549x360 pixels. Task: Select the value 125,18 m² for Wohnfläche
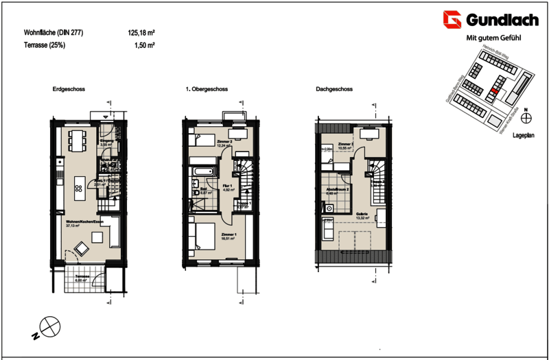point(141,32)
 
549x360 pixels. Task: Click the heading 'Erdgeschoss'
point(68,90)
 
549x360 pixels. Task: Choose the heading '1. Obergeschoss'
point(207,90)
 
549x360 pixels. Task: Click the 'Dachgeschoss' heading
point(334,90)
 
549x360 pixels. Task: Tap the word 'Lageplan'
point(524,137)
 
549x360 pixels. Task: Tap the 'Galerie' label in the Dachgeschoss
point(362,215)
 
